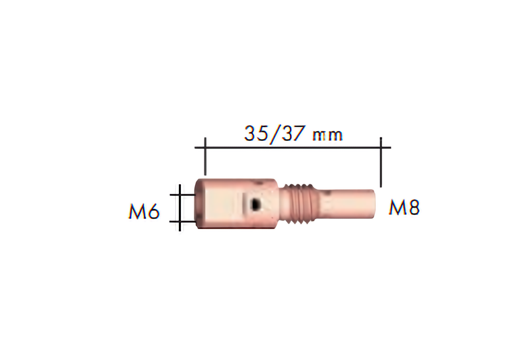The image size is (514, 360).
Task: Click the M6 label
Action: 144,211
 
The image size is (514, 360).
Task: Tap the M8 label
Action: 404,207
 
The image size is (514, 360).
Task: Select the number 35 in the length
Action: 256,133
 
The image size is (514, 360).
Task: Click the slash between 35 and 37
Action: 274,134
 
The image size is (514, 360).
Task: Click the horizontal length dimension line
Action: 293,148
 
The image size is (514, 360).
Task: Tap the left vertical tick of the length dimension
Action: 205,156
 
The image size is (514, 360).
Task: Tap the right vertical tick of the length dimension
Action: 380,162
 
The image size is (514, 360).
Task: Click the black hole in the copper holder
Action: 254,204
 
